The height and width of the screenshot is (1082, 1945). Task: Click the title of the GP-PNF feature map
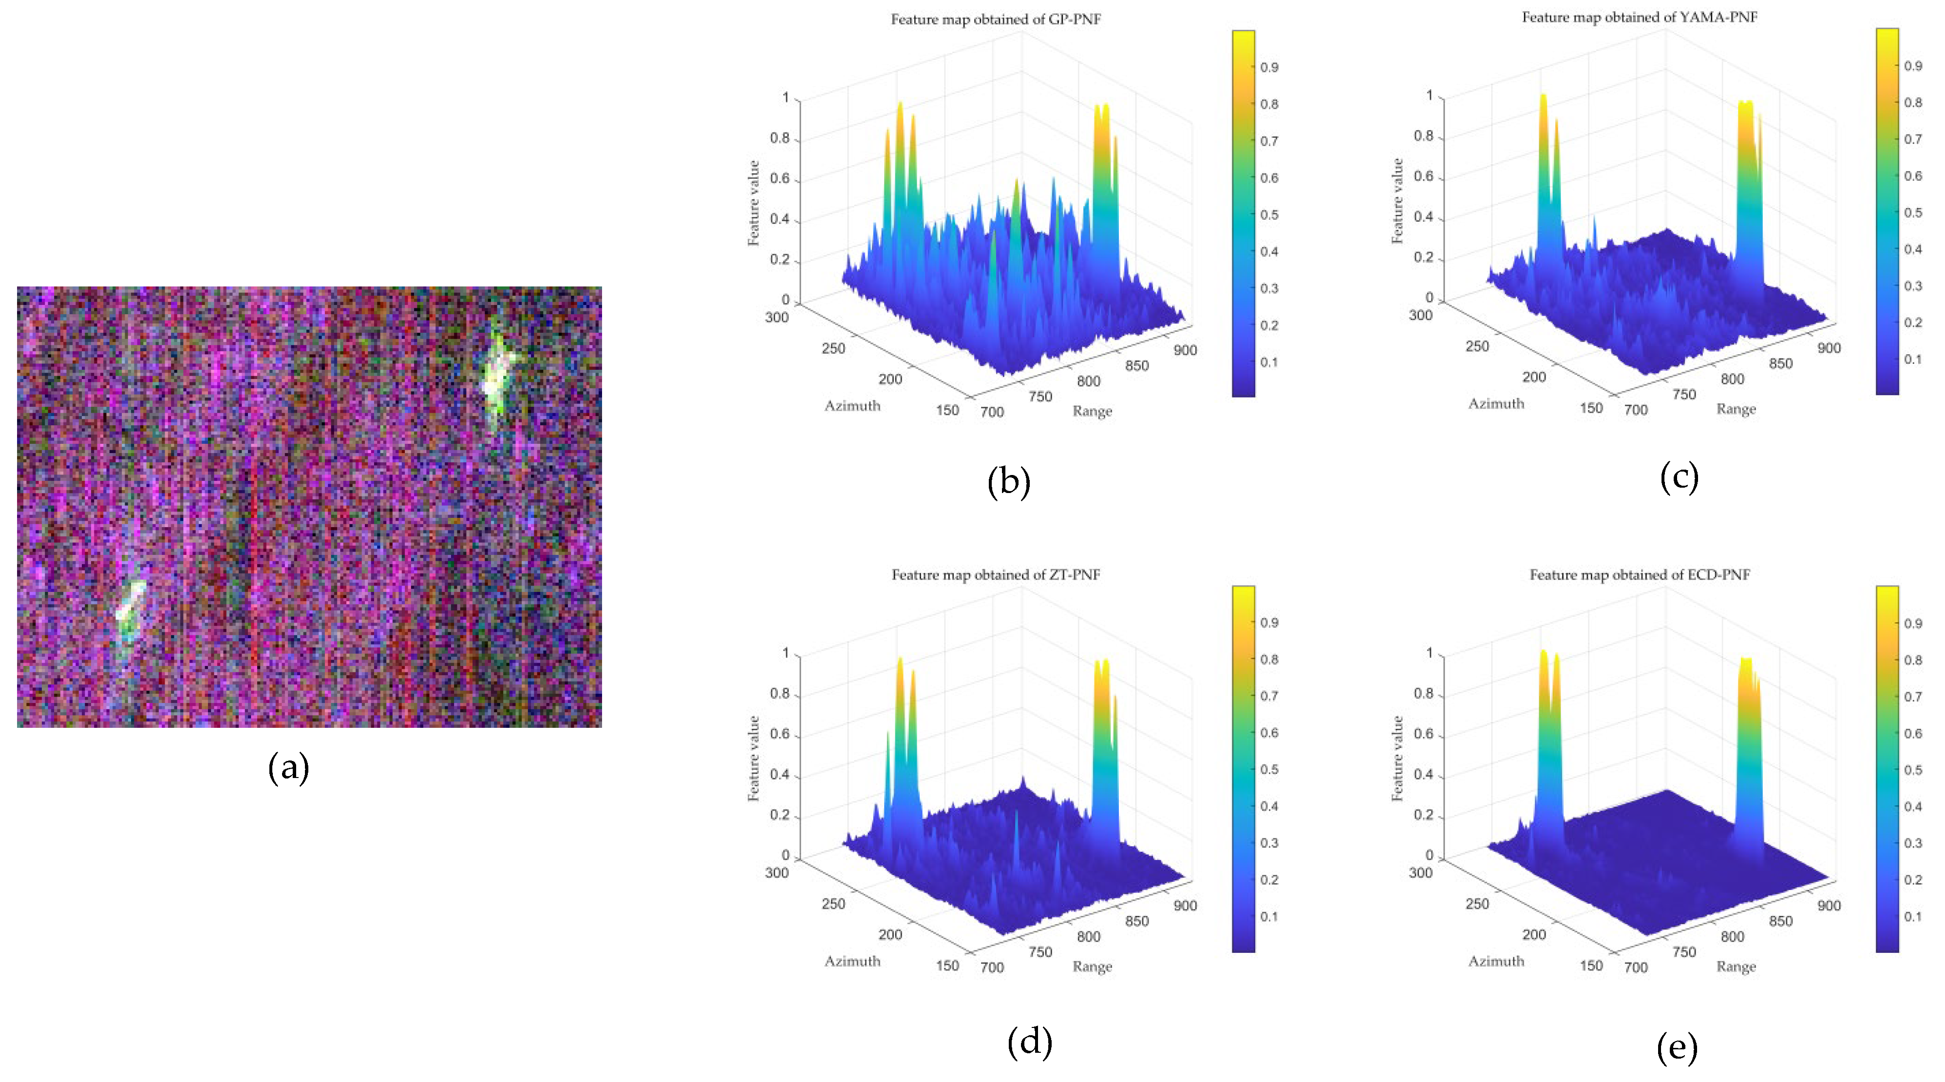pyautogui.click(x=995, y=19)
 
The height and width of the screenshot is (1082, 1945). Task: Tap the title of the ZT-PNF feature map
pyautogui.click(x=995, y=574)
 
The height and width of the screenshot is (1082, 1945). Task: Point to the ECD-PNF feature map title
pyautogui.click(x=1639, y=574)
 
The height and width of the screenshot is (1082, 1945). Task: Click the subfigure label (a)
pyautogui.click(x=288, y=768)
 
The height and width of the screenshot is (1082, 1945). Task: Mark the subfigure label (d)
pyautogui.click(x=1029, y=1042)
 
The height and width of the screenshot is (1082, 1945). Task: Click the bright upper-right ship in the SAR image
pyautogui.click(x=497, y=370)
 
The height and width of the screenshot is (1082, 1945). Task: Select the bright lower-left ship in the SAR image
pyautogui.click(x=130, y=610)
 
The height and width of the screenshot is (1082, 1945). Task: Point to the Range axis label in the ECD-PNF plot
pyautogui.click(x=1736, y=967)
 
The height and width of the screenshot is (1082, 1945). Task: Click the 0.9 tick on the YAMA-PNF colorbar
pyautogui.click(x=1912, y=66)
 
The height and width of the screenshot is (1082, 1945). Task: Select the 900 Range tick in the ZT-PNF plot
pyautogui.click(x=1185, y=905)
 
